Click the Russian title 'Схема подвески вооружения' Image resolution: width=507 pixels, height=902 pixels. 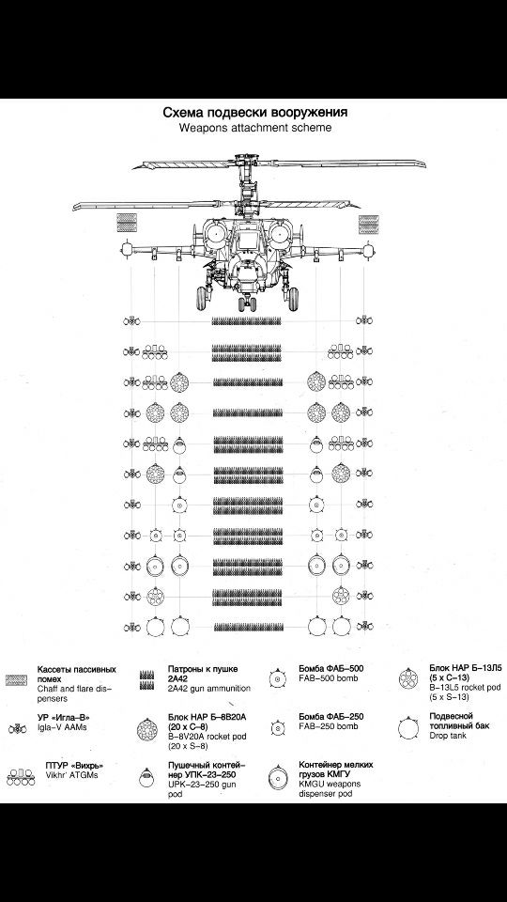point(254,112)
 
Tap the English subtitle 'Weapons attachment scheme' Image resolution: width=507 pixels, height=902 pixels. point(255,128)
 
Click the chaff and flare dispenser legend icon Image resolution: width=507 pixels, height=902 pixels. point(16,680)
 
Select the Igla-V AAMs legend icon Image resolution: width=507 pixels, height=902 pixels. point(16,729)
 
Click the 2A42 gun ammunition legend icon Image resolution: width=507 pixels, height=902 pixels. point(147,680)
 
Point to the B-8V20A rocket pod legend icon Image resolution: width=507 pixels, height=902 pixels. point(147,729)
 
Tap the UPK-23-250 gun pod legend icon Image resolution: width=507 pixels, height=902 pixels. point(147,778)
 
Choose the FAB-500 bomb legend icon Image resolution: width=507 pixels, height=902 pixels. point(278,678)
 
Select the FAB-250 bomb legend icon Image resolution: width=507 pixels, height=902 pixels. point(278,729)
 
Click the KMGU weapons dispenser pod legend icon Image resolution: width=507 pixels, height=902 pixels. point(278,778)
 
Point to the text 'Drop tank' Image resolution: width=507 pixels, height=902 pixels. point(449,735)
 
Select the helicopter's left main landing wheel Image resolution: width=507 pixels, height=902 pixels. point(203,298)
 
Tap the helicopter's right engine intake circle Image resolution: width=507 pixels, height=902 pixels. point(282,234)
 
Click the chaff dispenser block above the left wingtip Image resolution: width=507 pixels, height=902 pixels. point(127,223)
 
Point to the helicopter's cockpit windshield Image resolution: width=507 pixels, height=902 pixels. point(247,238)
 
